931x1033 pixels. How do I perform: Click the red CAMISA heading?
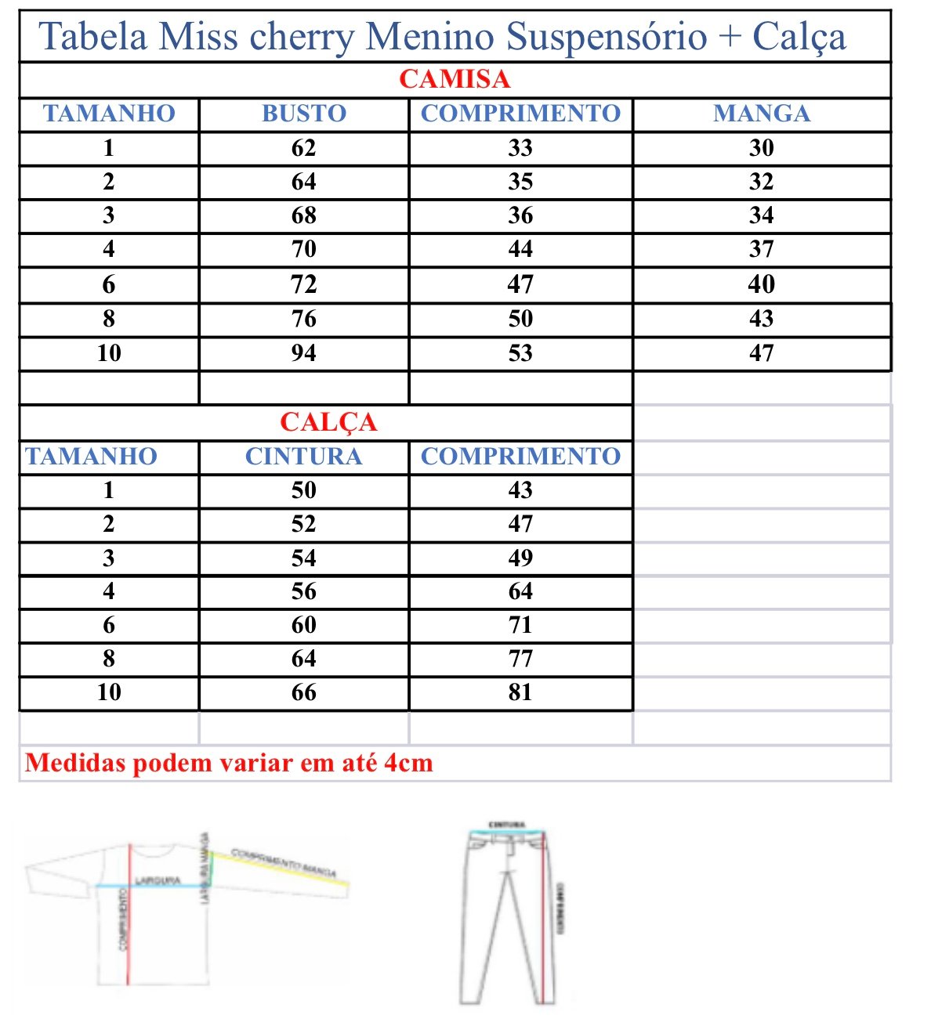click(455, 79)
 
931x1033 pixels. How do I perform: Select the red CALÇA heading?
click(328, 422)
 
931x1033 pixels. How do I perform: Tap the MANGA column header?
click(762, 114)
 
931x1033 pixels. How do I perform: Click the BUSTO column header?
click(304, 114)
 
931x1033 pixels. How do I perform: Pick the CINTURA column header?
click(304, 457)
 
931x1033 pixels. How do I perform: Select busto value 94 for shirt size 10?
click(304, 353)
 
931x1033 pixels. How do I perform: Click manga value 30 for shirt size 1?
click(762, 148)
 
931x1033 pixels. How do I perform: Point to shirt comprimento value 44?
click(520, 249)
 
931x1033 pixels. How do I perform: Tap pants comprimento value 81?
click(520, 692)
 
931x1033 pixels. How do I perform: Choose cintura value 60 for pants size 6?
click(304, 625)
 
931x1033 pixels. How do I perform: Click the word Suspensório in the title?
click(607, 37)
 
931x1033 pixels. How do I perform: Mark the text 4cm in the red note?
click(408, 763)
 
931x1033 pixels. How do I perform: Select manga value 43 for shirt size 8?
click(762, 319)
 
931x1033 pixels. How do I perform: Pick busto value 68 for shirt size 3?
click(304, 215)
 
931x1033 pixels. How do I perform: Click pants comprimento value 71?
click(520, 625)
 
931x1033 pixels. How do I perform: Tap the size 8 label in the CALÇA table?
click(109, 659)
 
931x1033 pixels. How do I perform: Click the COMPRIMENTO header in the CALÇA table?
click(520, 457)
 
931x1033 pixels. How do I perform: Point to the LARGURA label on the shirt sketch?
click(158, 881)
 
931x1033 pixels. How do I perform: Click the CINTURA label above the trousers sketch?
click(506, 825)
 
